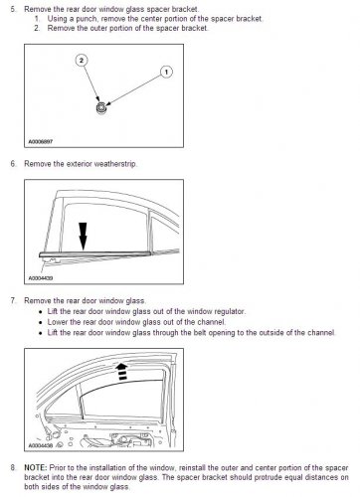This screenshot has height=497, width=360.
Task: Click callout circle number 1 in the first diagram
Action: point(165,73)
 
